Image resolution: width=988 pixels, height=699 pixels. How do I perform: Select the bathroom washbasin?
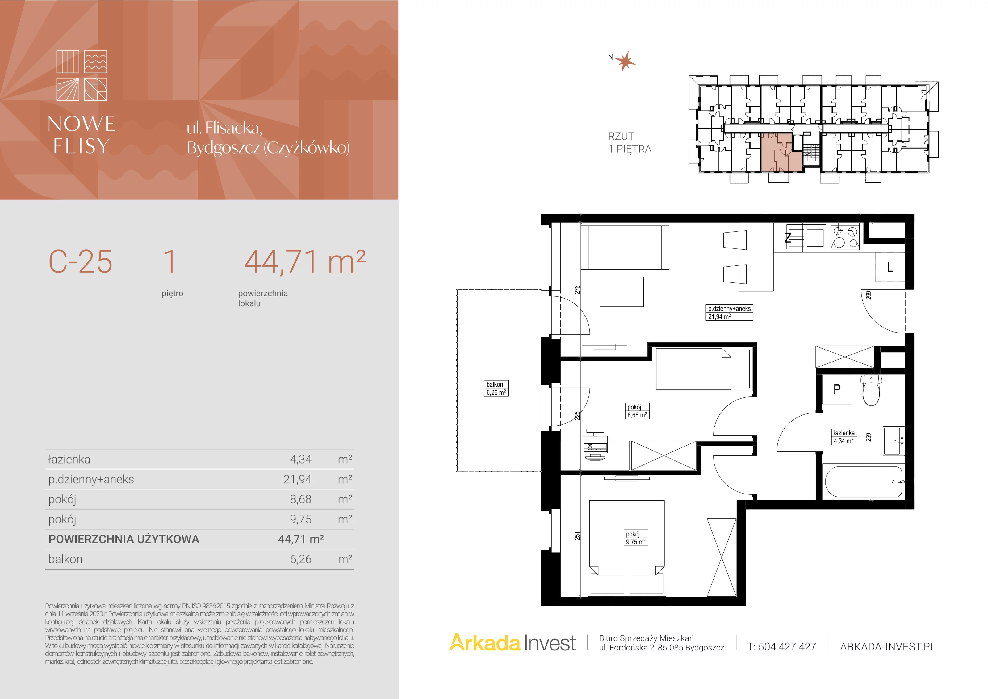[x=894, y=441]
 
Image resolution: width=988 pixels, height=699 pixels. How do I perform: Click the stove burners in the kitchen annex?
[x=845, y=237]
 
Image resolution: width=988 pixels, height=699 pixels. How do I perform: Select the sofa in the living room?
[x=625, y=248]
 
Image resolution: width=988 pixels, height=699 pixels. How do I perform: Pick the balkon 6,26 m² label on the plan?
[x=496, y=388]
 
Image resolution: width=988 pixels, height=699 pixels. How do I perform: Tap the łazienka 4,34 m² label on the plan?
[x=844, y=437]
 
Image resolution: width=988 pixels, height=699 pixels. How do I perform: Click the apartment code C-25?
[x=81, y=261]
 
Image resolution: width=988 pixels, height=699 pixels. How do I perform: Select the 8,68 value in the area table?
[x=300, y=499]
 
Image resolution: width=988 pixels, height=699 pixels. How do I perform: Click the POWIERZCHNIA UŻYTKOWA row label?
[x=124, y=539]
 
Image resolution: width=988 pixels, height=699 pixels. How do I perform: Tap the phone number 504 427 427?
[x=787, y=646]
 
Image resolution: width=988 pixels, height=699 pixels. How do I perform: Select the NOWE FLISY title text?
[x=81, y=134]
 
